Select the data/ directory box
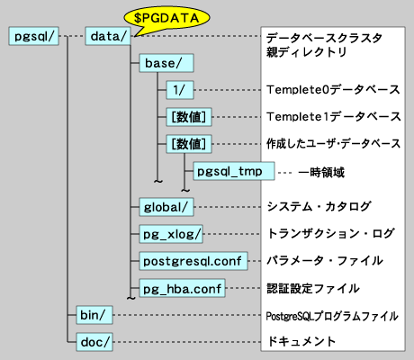pos(108,37)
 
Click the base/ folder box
pos(162,64)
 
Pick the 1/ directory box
pos(180,91)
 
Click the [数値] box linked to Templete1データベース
pos(188,117)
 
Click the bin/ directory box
pos(90,315)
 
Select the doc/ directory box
pos(90,342)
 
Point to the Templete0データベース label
pos(333,91)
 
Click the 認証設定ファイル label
pos(314,289)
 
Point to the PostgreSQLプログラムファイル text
pos(331,316)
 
